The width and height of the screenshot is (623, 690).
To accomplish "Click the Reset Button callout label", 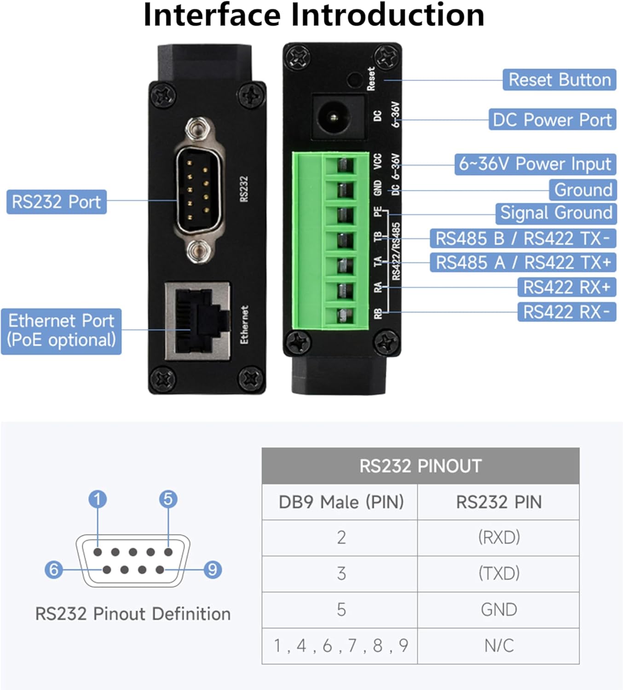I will pyautogui.click(x=559, y=80).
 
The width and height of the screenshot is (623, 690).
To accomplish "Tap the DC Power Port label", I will pyautogui.click(x=552, y=120).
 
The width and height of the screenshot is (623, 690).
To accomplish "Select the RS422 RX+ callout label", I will pyautogui.click(x=566, y=287).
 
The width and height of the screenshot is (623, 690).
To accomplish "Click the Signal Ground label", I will pyautogui.click(x=556, y=213).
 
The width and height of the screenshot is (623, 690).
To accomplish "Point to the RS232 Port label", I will pyautogui.click(x=56, y=202).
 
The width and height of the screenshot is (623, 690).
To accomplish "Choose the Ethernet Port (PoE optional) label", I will pyautogui.click(x=61, y=331).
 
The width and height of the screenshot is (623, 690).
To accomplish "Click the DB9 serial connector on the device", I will pyautogui.click(x=199, y=190).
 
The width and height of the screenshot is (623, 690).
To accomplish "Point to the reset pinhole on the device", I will pyautogui.click(x=354, y=80).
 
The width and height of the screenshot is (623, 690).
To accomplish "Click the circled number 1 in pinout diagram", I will pyautogui.click(x=98, y=499).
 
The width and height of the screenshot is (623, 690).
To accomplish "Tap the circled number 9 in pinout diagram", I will pyautogui.click(x=212, y=569).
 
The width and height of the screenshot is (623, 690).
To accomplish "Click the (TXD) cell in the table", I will pyautogui.click(x=499, y=573).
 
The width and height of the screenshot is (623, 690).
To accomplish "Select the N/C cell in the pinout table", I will pyautogui.click(x=499, y=645).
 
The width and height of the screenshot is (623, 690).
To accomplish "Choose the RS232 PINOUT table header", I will pyautogui.click(x=420, y=466).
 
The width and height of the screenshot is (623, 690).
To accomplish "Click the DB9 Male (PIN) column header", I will pyautogui.click(x=340, y=501).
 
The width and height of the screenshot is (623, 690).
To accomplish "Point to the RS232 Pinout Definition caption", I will pyautogui.click(x=133, y=614).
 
